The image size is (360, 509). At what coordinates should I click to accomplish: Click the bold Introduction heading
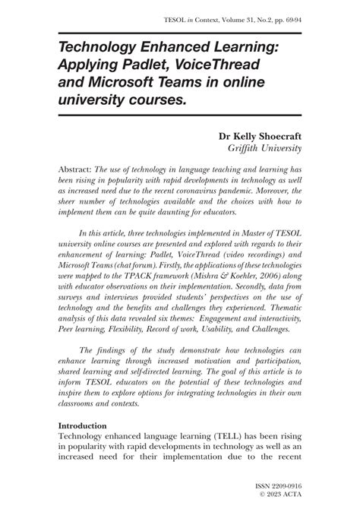pos(83,428)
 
